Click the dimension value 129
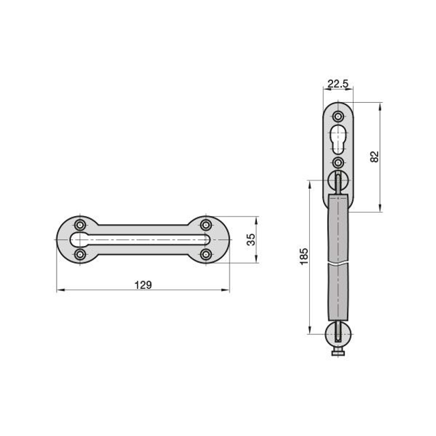tap(143, 285)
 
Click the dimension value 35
tap(251, 239)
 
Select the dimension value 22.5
tap(338, 84)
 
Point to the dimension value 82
tap(375, 157)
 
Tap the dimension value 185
tap(304, 256)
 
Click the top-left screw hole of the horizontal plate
tap(80, 225)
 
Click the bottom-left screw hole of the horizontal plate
tap(80, 254)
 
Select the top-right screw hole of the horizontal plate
tap(206, 225)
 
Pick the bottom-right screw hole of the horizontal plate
tap(206, 254)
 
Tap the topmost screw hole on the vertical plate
tap(338, 116)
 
